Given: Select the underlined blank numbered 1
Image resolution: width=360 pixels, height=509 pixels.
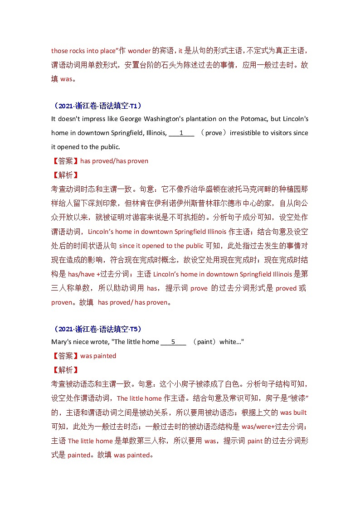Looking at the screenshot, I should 181,133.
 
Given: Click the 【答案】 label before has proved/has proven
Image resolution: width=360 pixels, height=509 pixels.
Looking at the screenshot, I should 65,161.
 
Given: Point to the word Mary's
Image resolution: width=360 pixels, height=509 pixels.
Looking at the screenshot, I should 61,342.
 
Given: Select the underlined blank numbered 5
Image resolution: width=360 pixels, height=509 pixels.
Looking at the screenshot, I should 173,342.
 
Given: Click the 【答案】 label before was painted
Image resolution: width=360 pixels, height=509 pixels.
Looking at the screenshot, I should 65,356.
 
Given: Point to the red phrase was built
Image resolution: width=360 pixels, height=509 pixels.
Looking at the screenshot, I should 293,412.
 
